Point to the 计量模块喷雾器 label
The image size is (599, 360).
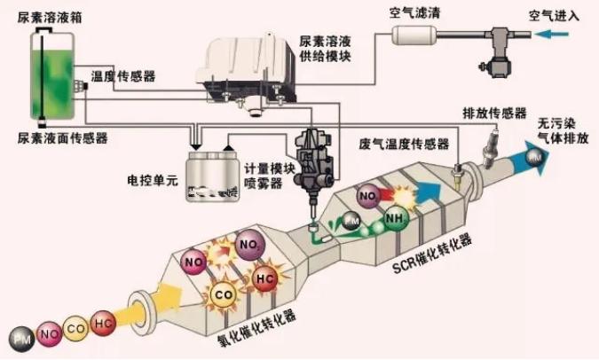pos(264,178)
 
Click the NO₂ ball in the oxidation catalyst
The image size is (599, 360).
pos(250,242)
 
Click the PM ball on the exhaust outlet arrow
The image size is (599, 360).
pos(535,158)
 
